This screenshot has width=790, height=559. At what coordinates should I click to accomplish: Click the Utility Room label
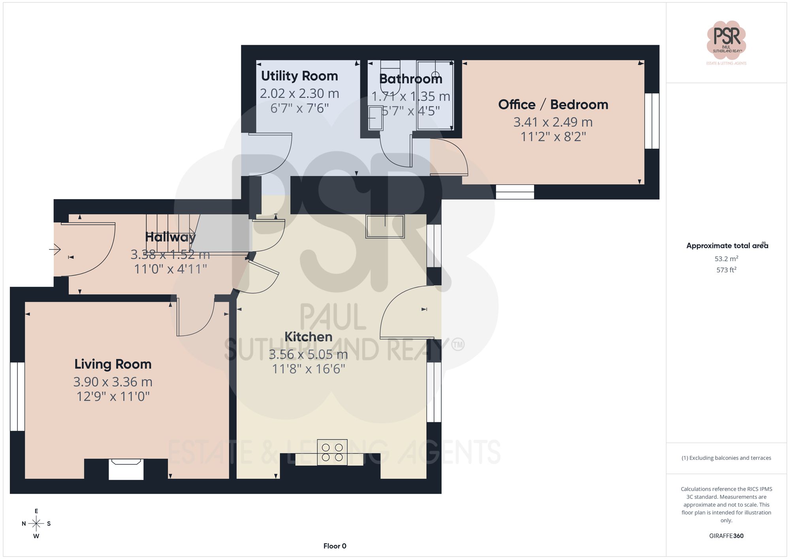pyautogui.click(x=299, y=76)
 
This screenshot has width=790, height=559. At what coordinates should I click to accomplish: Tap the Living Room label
pyautogui.click(x=113, y=364)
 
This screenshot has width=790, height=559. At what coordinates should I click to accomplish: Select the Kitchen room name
pyautogui.click(x=308, y=337)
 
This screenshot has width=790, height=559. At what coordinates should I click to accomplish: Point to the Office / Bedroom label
pyautogui.click(x=553, y=104)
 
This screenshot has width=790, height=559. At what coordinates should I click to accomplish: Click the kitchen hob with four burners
pyautogui.click(x=332, y=452)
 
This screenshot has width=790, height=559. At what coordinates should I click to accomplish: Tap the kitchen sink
pyautogui.click(x=385, y=226)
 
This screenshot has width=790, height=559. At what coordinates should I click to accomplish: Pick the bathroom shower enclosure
pyautogui.click(x=435, y=95)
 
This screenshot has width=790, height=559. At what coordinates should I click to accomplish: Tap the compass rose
pyautogui.click(x=36, y=524)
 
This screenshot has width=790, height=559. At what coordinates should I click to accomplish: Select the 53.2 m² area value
pyautogui.click(x=726, y=259)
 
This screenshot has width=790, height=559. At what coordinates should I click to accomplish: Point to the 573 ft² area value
pyautogui.click(x=726, y=270)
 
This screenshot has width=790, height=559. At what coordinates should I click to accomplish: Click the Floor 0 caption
pyautogui.click(x=335, y=546)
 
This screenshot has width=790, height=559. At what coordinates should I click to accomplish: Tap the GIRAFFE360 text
pyautogui.click(x=726, y=536)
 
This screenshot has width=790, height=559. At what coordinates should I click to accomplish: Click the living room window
pyautogui.click(x=17, y=396)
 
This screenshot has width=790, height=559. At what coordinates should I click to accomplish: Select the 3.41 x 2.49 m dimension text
pyautogui.click(x=553, y=122)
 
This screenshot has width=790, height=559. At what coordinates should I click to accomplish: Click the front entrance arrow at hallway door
pyautogui.click(x=55, y=249)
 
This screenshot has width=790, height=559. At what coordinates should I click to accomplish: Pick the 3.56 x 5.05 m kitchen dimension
pyautogui.click(x=308, y=354)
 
